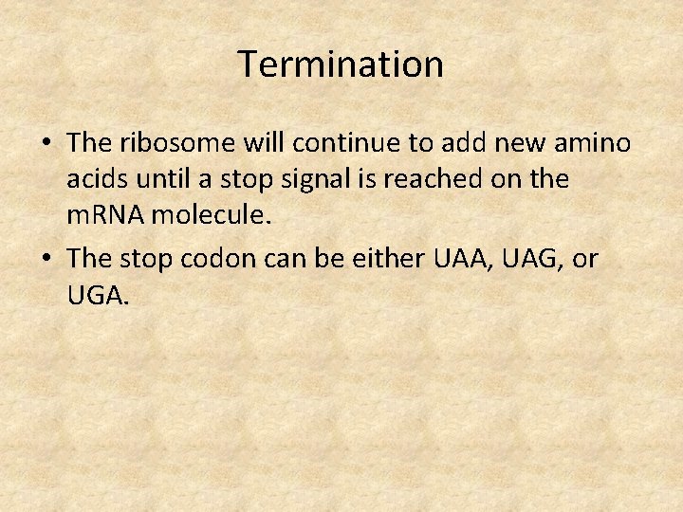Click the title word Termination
click(x=341, y=64)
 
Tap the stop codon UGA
click(x=97, y=296)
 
